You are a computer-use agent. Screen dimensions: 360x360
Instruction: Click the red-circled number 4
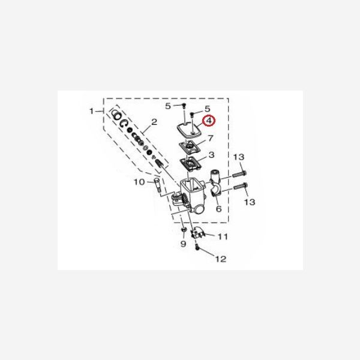pos(208,121)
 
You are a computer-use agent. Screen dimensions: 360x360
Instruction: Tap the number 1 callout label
pos(92,111)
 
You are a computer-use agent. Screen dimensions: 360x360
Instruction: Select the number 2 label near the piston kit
pos(154,122)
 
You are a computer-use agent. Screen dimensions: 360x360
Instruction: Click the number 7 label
pos(210,139)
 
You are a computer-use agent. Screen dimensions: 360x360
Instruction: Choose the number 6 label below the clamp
pos(218,209)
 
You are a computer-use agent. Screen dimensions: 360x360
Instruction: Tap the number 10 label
pos(137,182)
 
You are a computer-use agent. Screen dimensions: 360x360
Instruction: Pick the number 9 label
pos(184,244)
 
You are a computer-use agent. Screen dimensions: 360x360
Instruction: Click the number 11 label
pos(223,237)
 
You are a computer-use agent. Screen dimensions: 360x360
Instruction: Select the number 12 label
pos(221,259)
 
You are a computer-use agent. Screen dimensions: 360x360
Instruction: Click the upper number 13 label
pos(239,157)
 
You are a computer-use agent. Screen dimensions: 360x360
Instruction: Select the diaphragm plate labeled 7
pos(191,146)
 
